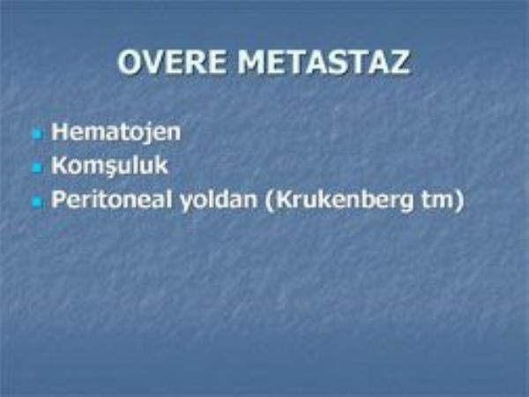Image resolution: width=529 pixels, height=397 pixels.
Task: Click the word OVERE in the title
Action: (x=171, y=62)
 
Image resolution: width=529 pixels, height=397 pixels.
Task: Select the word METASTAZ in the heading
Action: (x=324, y=62)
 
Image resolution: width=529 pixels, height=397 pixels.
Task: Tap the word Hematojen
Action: (x=115, y=132)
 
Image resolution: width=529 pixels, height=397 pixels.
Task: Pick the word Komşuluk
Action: (x=109, y=166)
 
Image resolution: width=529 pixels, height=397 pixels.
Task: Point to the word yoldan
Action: (x=218, y=200)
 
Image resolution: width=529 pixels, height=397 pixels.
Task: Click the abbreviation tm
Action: (x=437, y=200)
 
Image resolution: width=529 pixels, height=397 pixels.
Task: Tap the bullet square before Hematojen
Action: (x=37, y=135)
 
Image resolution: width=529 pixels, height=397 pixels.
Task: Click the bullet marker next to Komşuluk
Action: (x=37, y=168)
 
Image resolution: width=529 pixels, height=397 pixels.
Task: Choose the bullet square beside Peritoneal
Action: (x=37, y=202)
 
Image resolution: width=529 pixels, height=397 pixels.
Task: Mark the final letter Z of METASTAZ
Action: (x=399, y=62)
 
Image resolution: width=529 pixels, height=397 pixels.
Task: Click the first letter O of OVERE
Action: (x=130, y=62)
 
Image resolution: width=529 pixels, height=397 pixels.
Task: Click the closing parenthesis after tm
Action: (x=458, y=200)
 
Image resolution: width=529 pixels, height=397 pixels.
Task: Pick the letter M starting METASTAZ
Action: (x=251, y=62)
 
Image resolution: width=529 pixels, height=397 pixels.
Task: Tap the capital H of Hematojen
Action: (x=60, y=132)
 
